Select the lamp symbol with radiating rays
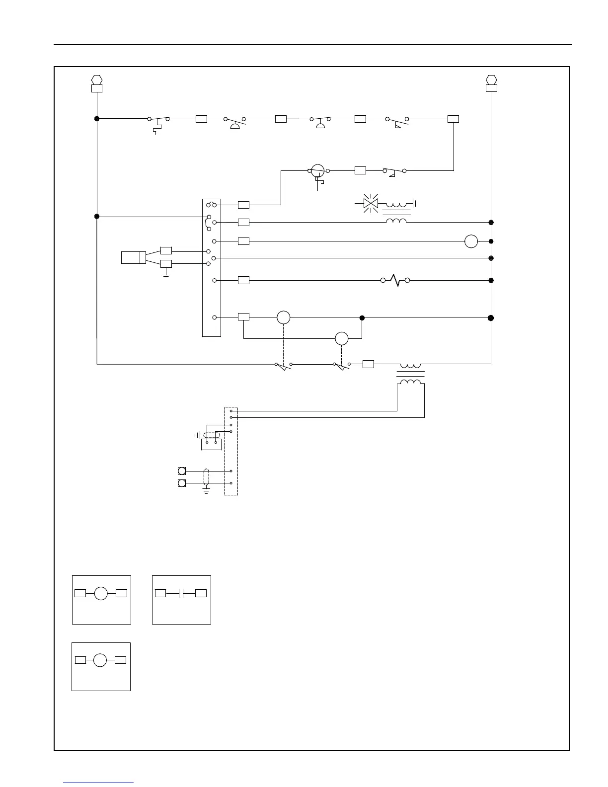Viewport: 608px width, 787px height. point(371,203)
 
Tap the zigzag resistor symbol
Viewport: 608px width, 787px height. point(395,281)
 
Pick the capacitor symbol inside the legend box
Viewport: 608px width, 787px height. point(181,593)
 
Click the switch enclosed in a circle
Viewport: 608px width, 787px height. point(317,170)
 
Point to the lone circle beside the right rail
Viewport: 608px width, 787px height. point(471,241)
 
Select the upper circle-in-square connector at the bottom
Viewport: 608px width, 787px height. point(182,471)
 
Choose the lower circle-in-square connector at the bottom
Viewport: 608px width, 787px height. point(182,483)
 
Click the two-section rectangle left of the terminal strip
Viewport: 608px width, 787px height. point(134,257)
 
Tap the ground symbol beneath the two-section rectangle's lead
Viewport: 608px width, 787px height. point(166,274)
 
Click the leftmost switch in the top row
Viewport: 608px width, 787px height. point(158,119)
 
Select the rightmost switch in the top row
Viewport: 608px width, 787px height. point(397,120)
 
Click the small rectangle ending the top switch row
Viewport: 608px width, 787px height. point(453,119)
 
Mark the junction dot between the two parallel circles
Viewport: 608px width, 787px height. point(362,317)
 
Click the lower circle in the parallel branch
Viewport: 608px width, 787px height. point(342,338)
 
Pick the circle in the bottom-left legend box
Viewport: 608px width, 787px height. point(100,660)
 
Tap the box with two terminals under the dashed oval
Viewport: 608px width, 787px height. point(211,444)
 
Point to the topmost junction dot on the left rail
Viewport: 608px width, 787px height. point(97,119)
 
